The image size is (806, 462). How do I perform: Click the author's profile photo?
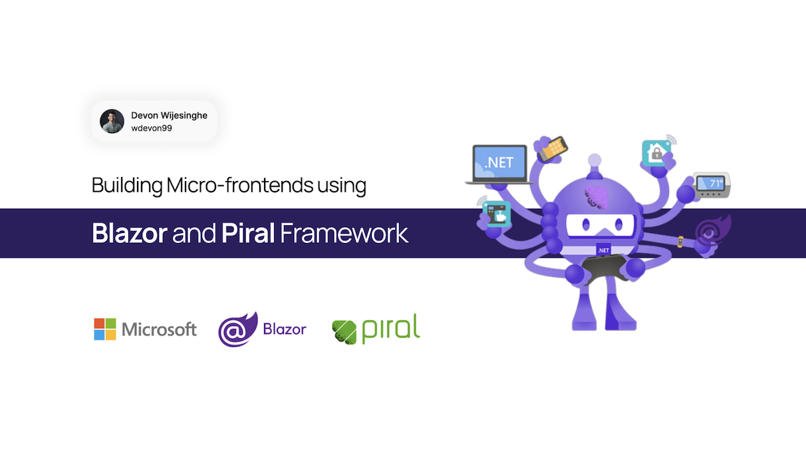tap(112, 121)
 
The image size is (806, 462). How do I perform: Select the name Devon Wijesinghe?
tap(169, 115)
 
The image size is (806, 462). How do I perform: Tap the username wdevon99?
tap(152, 128)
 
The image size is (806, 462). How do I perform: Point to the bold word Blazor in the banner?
tap(129, 233)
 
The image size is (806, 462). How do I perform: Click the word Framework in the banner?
tap(344, 233)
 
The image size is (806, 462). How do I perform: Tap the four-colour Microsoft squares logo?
tap(104, 329)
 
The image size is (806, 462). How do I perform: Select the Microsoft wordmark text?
tap(160, 329)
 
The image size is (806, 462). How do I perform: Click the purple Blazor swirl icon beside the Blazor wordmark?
tap(237, 329)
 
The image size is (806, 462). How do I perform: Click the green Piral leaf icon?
tap(344, 331)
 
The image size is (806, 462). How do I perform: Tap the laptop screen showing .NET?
tap(499, 162)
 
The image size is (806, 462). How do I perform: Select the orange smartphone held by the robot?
tap(553, 148)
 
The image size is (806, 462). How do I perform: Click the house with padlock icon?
tap(656, 153)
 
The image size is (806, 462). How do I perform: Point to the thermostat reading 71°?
tap(712, 184)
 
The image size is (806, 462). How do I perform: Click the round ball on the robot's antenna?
tap(595, 160)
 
